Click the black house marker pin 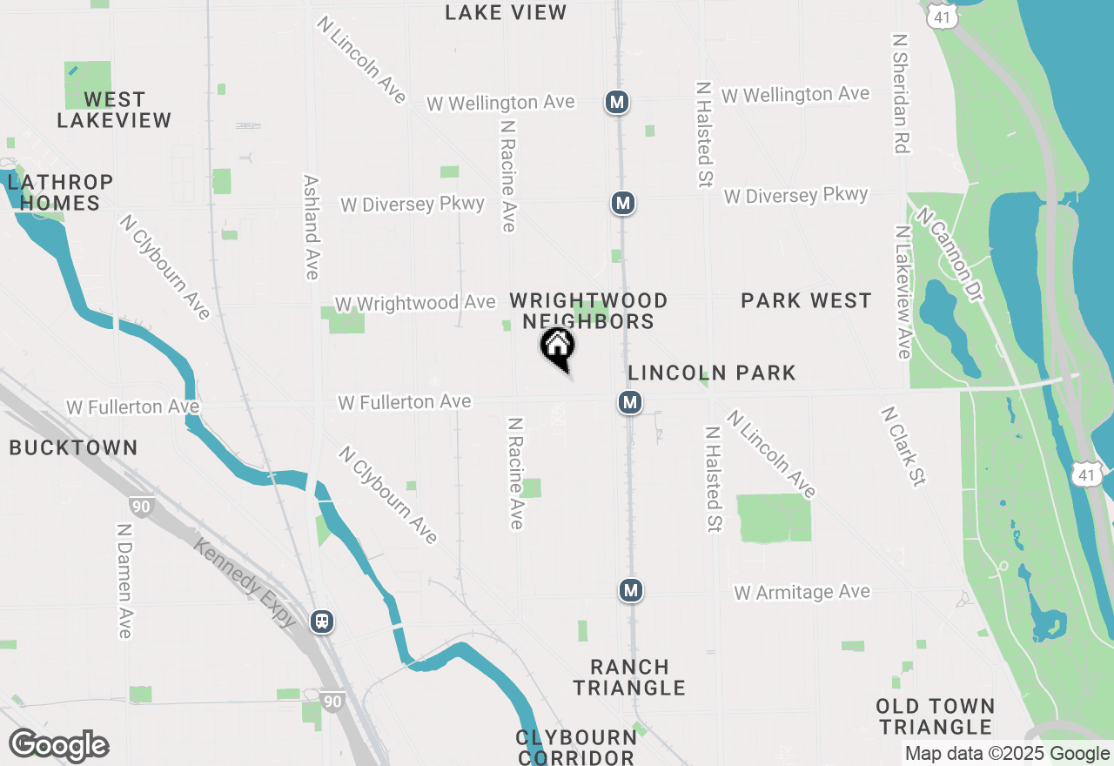click(x=558, y=347)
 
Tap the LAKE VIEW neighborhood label click(x=506, y=12)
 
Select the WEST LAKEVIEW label click(x=114, y=110)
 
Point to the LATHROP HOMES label click(x=60, y=192)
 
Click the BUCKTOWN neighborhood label click(x=73, y=447)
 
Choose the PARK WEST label click(x=806, y=300)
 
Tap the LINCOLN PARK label click(x=712, y=373)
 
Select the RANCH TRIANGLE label click(x=631, y=677)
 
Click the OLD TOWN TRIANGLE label click(x=935, y=716)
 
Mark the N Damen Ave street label click(x=123, y=581)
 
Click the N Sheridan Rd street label click(x=900, y=94)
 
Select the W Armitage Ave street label click(x=802, y=593)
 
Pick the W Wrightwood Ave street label click(x=415, y=303)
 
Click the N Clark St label click(x=902, y=447)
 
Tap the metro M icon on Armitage click(x=631, y=590)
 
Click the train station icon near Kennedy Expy click(x=322, y=622)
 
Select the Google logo click(x=58, y=746)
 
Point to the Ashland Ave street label click(x=311, y=227)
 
